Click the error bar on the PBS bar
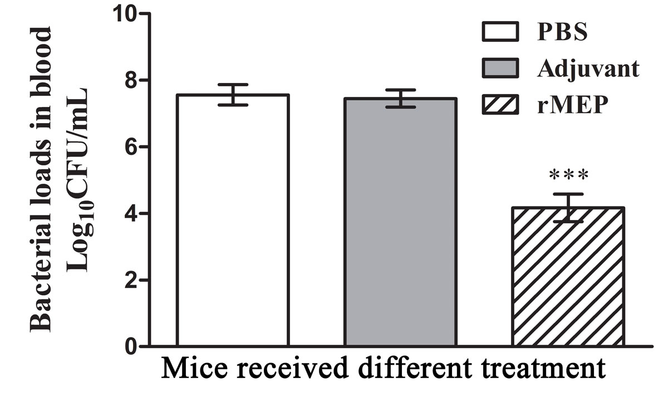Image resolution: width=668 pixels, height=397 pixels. pyautogui.click(x=232, y=95)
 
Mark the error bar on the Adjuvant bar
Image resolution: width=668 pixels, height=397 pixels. pyautogui.click(x=400, y=98)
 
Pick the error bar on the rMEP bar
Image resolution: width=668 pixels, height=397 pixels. pyautogui.click(x=568, y=208)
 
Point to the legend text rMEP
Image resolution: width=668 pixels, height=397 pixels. pyautogui.click(x=571, y=104)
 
